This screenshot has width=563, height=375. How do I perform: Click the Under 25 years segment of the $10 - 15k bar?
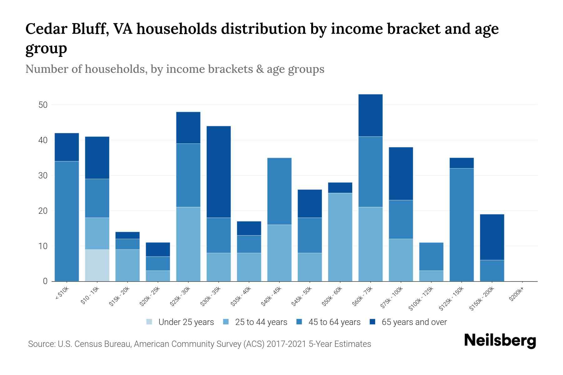coord(97,265)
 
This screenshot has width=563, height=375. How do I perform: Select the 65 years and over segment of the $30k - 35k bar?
coord(219,172)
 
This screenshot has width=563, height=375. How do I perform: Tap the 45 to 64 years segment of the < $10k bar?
coord(67,221)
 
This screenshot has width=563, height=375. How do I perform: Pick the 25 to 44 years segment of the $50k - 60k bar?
coord(340,237)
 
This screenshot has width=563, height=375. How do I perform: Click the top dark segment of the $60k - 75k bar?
coord(370,115)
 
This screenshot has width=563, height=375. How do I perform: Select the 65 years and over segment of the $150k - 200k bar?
coord(492,237)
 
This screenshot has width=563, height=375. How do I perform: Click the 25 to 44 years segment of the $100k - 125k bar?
coord(431,276)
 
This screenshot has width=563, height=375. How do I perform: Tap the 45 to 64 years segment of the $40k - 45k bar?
coord(279,191)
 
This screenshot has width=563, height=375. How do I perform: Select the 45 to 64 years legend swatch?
coord(299,322)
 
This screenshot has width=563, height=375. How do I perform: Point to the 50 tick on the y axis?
coord(43,105)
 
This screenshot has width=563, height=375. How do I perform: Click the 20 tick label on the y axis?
coord(43,211)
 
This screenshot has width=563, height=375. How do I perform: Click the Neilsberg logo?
coord(500,341)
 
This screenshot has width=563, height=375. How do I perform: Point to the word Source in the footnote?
coord(41,344)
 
